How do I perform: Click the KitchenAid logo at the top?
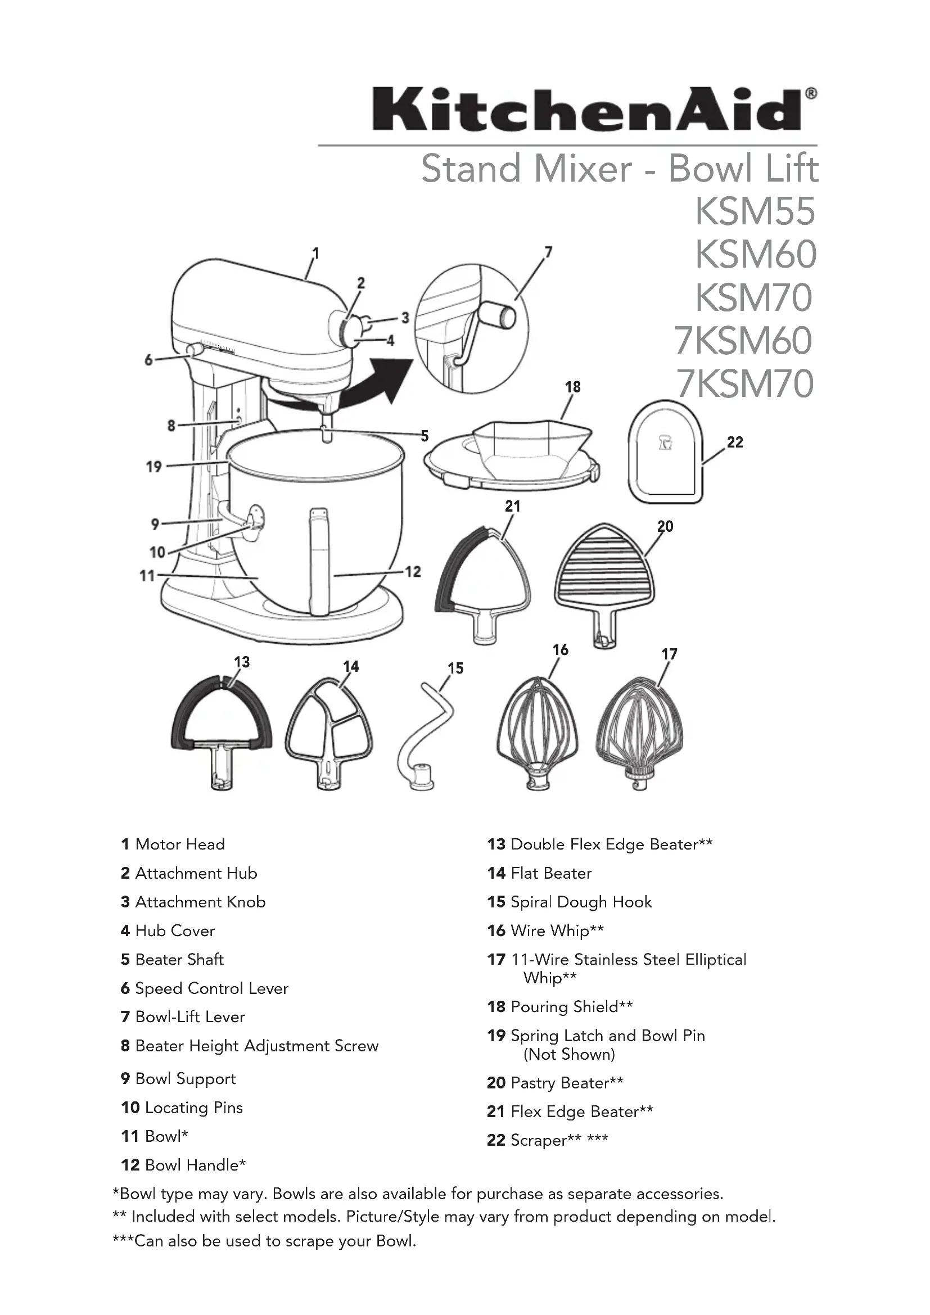594,109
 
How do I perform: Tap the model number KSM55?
755,211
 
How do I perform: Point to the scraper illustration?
665,453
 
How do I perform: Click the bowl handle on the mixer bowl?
319,561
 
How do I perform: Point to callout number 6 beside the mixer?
148,360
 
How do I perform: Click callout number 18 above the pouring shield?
572,387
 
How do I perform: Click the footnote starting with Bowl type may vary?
418,1194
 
